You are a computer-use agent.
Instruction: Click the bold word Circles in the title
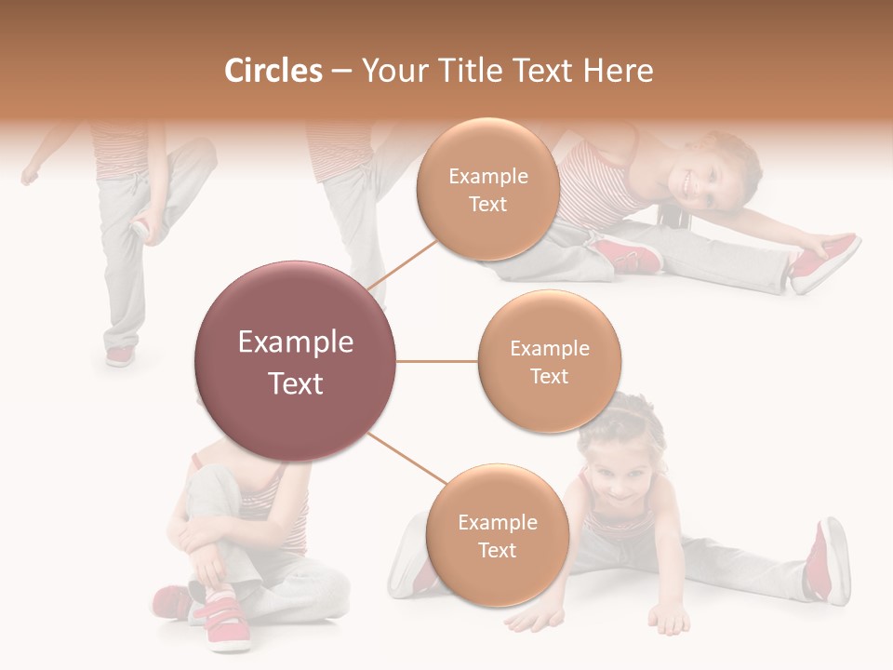tap(273, 70)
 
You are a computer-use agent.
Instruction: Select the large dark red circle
tap(296, 361)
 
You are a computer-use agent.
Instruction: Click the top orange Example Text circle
tap(487, 190)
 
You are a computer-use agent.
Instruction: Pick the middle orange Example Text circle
tap(549, 361)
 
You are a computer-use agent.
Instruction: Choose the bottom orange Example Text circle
tap(497, 536)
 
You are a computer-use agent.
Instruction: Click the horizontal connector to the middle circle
tap(437, 361)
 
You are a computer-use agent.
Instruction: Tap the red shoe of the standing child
tap(120, 355)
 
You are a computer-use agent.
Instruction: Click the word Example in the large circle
tap(296, 342)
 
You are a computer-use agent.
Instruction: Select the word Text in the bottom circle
tap(497, 550)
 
